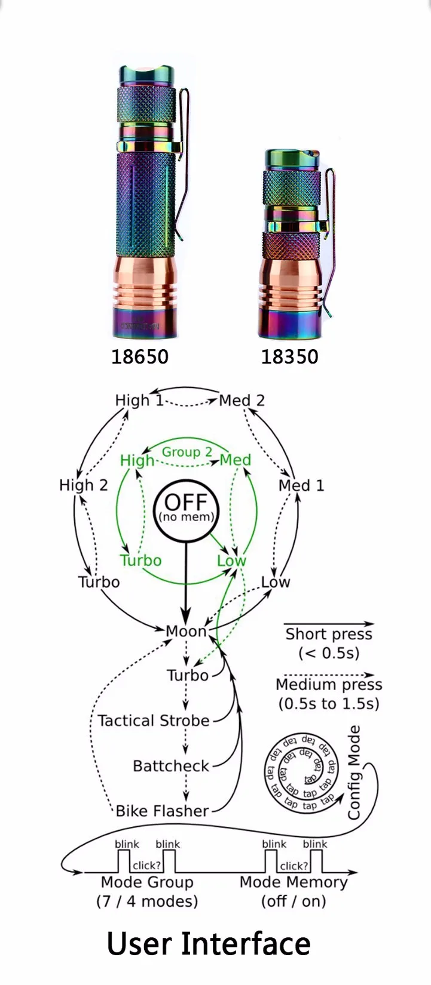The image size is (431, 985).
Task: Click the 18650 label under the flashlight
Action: [x=140, y=357]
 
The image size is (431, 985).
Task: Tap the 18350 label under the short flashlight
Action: [x=290, y=357]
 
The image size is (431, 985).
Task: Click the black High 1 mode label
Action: [x=139, y=400]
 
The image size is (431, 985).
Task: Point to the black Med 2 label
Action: [x=242, y=400]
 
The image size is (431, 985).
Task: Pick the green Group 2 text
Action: [x=187, y=452]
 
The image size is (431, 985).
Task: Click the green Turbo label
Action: [x=140, y=561]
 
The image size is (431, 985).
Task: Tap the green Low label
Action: [x=231, y=561]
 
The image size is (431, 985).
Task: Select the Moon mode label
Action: [x=186, y=631]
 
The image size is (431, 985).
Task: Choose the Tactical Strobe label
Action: [x=154, y=721]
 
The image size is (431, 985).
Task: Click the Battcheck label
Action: [x=171, y=766]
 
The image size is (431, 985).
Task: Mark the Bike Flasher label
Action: [x=162, y=811]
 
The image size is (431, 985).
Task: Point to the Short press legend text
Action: [x=329, y=634]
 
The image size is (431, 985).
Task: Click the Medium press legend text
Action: [x=329, y=685]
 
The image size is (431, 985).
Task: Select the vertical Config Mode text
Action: [x=354, y=772]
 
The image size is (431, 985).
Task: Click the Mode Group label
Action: [x=147, y=882]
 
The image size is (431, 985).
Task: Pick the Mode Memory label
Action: [x=294, y=882]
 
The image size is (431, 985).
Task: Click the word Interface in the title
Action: [x=246, y=944]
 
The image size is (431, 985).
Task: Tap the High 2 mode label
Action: [x=84, y=485]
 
